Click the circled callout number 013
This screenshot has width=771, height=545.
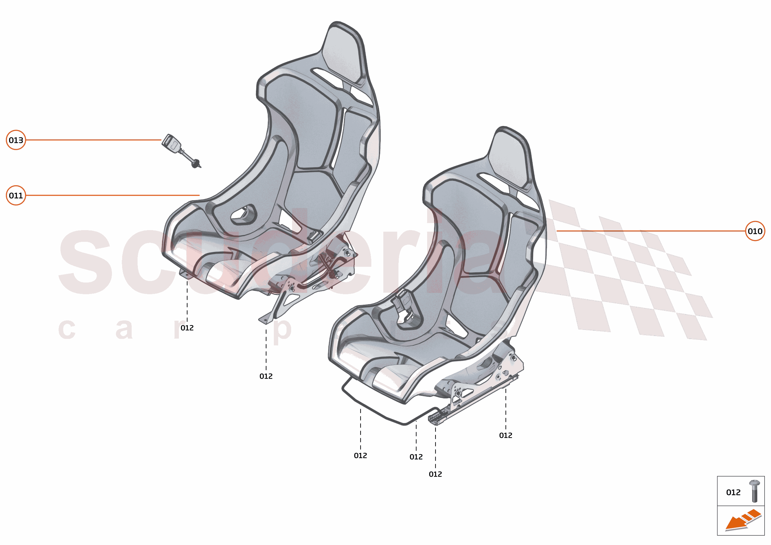pos(16,140)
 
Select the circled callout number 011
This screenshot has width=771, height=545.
pos(16,195)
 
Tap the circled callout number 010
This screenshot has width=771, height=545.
pos(755,231)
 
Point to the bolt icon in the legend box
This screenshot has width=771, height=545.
pos(755,491)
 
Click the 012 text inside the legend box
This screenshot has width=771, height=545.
pos(733,493)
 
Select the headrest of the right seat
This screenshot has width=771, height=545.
pos(509,158)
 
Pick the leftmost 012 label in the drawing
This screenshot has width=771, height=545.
pos(187,328)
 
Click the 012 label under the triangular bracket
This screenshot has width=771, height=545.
pos(266,376)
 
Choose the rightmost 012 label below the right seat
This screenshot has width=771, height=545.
pos(505,436)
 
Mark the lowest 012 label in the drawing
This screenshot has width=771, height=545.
pos(435,474)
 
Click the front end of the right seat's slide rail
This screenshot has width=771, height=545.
pos(433,419)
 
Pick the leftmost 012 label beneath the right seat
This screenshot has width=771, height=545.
pos(361,456)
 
